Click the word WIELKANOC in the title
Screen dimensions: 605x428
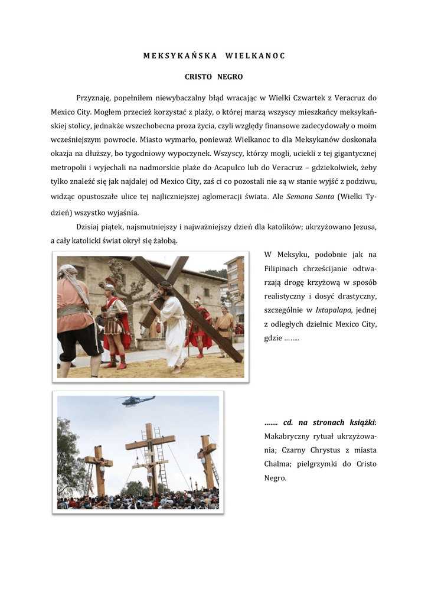(x=255, y=56)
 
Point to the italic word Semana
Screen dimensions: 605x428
(x=300, y=197)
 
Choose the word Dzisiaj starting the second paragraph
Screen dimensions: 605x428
(x=89, y=227)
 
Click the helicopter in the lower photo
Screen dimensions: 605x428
(x=137, y=401)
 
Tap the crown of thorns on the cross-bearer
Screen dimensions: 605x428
(x=166, y=285)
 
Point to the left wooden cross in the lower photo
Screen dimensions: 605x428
(x=99, y=467)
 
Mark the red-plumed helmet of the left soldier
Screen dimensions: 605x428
(x=110, y=284)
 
